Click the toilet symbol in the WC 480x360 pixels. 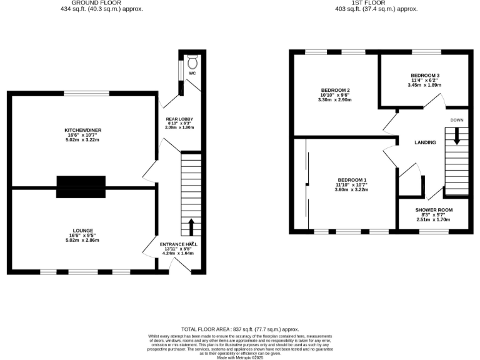pyautogui.click(x=192, y=62)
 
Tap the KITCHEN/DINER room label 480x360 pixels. pyautogui.click(x=83, y=130)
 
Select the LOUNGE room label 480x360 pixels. pyautogui.click(x=83, y=230)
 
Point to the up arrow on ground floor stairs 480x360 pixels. pyautogui.click(x=191, y=226)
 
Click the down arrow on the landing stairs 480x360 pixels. pyautogui.click(x=457, y=136)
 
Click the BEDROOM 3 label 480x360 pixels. pyautogui.click(x=424, y=75)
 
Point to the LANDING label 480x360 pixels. pyautogui.click(x=425, y=142)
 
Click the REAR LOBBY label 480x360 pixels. pyautogui.click(x=179, y=119)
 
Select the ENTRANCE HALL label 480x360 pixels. pyautogui.click(x=178, y=244)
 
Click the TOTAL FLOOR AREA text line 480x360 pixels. pyautogui.click(x=240, y=329)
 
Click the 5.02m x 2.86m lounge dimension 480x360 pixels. pyautogui.click(x=83, y=240)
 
